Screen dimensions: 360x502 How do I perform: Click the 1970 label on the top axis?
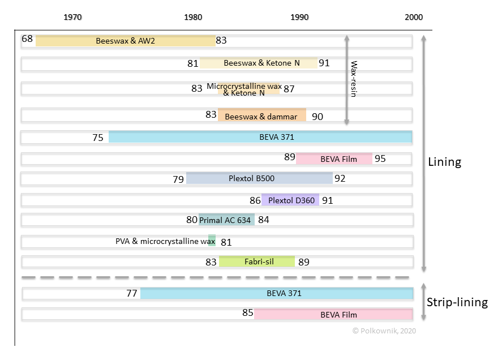click(72, 17)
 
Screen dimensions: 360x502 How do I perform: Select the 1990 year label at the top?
click(300, 17)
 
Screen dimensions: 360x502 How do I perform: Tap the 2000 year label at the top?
click(413, 17)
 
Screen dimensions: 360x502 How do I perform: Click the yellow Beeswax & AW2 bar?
click(126, 41)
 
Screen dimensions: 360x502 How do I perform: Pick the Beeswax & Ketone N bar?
click(259, 63)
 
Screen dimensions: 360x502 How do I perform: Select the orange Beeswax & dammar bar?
click(262, 115)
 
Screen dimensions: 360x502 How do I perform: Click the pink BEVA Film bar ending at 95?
click(334, 158)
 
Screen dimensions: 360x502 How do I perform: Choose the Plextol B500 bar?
click(259, 178)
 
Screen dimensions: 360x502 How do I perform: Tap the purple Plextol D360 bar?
click(290, 200)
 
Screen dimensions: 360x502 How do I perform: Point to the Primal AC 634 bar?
click(226, 220)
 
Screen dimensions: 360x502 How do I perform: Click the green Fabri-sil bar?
click(257, 262)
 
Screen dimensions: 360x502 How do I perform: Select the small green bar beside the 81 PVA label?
click(212, 241)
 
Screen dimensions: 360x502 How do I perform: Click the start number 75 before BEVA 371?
click(97, 137)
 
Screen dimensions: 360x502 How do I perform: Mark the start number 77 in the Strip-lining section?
click(132, 293)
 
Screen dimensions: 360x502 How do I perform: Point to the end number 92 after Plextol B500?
click(340, 179)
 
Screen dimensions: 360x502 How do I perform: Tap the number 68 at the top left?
click(27, 39)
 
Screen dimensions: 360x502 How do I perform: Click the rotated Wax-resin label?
click(353, 79)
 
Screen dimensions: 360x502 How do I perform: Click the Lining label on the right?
click(445, 162)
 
